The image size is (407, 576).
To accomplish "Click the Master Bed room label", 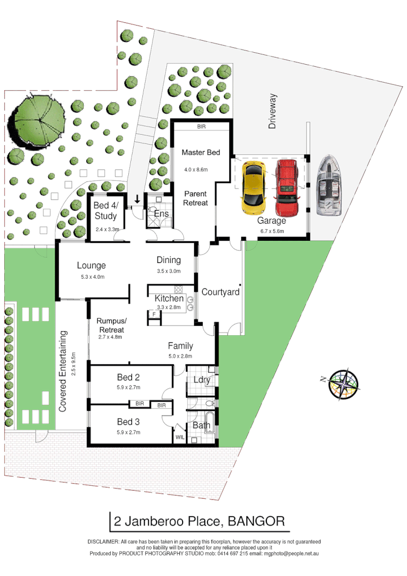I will [x=201, y=153].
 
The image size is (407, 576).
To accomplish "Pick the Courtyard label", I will [x=220, y=292].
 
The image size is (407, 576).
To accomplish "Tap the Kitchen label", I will [x=169, y=299].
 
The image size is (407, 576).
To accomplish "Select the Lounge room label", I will [x=91, y=266].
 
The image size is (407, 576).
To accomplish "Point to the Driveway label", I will [x=273, y=111].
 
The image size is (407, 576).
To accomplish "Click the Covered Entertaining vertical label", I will [x=63, y=371].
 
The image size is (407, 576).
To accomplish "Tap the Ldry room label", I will [x=201, y=380].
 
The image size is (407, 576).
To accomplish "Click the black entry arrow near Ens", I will [x=137, y=199].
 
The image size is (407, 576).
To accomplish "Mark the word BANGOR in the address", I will [x=256, y=522].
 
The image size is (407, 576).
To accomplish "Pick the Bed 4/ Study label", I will [x=105, y=211].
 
